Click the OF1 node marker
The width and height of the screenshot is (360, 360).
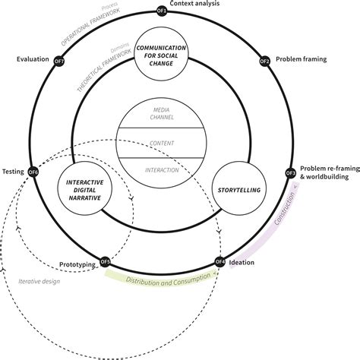[x=161, y=11]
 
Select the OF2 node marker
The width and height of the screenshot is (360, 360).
[x=264, y=60]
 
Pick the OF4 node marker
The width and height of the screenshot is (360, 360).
[x=219, y=263]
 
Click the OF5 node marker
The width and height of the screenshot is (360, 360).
[x=105, y=263]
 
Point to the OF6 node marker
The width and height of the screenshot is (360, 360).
[x=33, y=172]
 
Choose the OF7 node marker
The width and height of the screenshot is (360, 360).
[x=59, y=60]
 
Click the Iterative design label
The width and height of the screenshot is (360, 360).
[x=37, y=283]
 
